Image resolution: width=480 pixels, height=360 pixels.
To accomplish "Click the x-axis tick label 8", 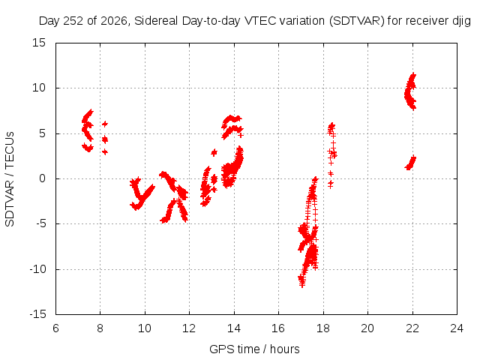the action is click(100, 328).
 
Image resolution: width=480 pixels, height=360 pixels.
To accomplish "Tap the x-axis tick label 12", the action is click(189, 328).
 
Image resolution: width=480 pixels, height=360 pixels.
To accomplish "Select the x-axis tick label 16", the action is click(278, 328).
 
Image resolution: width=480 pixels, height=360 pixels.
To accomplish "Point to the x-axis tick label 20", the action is click(367, 328).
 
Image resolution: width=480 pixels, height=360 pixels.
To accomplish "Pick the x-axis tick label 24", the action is click(457, 328).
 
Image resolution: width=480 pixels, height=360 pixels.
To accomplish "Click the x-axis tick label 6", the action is click(55, 328).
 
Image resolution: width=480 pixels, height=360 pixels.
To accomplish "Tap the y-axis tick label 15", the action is click(39, 43).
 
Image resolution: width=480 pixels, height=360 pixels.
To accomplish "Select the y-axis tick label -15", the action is click(37, 314).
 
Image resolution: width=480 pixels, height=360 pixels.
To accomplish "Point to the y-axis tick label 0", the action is click(42, 178).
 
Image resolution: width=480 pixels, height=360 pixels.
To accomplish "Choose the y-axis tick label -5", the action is click(40, 223).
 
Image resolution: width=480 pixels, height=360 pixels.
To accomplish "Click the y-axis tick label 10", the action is click(39, 88).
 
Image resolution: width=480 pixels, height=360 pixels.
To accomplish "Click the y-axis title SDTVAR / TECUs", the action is click(10, 179).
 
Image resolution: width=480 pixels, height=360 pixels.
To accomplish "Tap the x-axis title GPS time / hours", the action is click(254, 349).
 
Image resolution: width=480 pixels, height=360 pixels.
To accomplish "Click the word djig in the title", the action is click(462, 21).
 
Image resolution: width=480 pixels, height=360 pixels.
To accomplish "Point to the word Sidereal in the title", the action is click(156, 21).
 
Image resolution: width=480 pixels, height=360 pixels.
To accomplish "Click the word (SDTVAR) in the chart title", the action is click(357, 21).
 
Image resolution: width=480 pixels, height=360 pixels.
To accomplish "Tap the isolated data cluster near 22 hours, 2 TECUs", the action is click(411, 163).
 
